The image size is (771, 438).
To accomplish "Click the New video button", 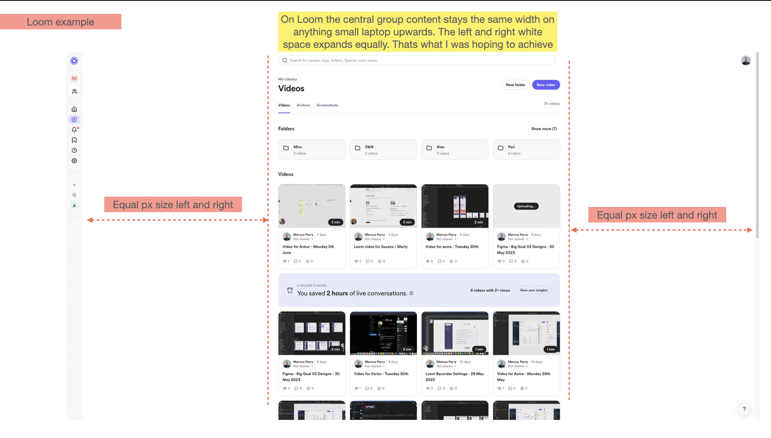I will pos(546,85).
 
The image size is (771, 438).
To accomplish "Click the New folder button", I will pos(515,85).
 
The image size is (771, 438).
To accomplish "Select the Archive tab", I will pos(303,105).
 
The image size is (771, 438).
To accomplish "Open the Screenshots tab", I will pos(327,105).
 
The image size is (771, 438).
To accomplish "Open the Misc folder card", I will pos(312,150).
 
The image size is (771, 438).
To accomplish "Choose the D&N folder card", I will pos(383,150).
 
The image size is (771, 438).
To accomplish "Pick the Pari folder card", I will pos(526,150).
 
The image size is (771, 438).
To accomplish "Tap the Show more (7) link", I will pos(544,129).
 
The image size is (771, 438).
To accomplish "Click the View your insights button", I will pos(534,290).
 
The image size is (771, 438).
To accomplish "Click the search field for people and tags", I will pos(417,60).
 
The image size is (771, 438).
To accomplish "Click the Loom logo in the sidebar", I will pos(74,61).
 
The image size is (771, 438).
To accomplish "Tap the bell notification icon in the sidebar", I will pos(74,130).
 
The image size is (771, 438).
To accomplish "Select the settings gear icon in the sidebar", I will pos(74,161).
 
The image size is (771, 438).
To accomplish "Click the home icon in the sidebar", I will pos(74,109).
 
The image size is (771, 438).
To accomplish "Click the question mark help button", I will pos(744,409).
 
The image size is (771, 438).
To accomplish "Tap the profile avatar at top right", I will pos(746,61).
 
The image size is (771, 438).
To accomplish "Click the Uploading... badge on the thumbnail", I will pos(526,206).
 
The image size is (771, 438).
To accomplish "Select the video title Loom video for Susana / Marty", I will pos(380,247).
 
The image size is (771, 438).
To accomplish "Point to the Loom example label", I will pos(60,22).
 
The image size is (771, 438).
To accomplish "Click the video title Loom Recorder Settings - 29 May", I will pos(454,374).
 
